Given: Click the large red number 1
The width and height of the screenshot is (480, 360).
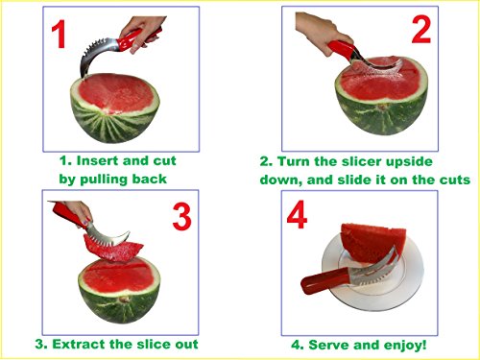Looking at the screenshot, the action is point(59,34).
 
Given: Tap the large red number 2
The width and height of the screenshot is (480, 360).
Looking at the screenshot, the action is point(421,30).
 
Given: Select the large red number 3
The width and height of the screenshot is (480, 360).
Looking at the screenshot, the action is point(181,217).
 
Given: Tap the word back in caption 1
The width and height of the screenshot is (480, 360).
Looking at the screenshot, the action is point(150,179).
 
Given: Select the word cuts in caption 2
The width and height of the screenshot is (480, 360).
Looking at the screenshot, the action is point(455,180).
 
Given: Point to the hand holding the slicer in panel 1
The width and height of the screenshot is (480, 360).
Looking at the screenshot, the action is point(141,33).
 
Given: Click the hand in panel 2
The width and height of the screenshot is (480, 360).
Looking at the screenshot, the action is point(321,31).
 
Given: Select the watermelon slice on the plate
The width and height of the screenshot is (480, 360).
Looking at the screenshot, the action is point(372,245).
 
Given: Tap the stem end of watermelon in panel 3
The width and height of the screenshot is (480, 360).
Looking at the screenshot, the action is point(123,300).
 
